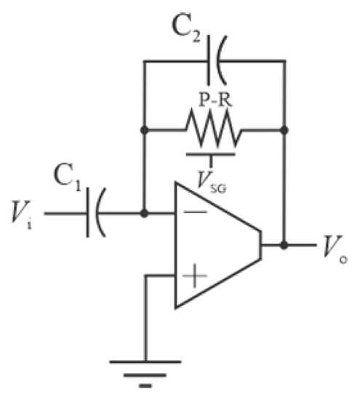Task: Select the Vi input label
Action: point(23,214)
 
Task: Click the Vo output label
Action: point(333,249)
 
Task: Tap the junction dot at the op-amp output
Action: point(284,245)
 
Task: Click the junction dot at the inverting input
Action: point(145,214)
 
